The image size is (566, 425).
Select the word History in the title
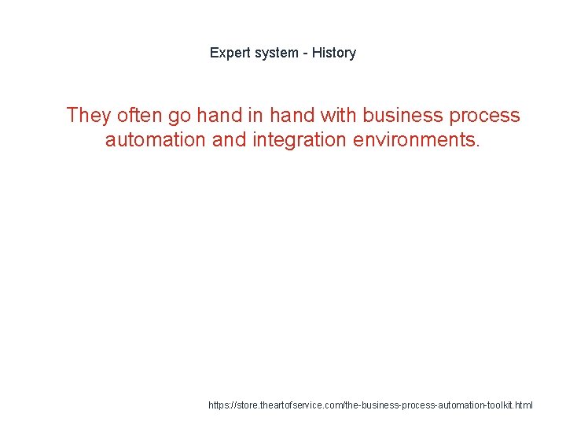coord(334,53)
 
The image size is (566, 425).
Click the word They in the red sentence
coord(89,116)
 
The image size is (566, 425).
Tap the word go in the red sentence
coord(178,116)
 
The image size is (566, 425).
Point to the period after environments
coord(477,145)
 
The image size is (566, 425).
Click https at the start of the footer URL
coord(221,405)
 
